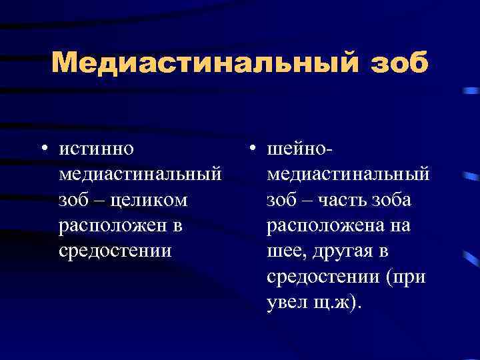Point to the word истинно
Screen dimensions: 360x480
pyautogui.click(x=96, y=148)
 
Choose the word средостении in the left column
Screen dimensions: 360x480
pyautogui.click(x=115, y=251)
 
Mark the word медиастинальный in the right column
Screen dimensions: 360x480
pyautogui.click(x=348, y=174)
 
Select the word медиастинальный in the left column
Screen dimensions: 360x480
pyautogui.click(x=141, y=174)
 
